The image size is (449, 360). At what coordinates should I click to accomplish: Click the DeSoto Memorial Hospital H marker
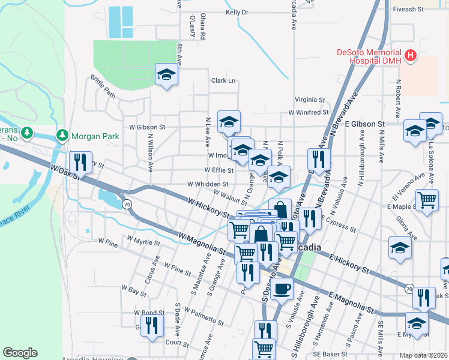(x=411, y=56)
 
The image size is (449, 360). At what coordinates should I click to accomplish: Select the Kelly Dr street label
(x=237, y=12)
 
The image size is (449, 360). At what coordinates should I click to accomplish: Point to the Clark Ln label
(x=223, y=80)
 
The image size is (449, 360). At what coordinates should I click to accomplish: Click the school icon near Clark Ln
(x=166, y=74)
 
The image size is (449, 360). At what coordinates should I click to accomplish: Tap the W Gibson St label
(x=147, y=127)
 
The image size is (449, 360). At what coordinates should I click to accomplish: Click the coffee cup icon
(x=280, y=289)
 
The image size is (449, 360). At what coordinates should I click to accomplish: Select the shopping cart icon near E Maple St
(x=427, y=199)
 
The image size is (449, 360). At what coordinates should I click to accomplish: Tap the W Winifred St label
(x=309, y=112)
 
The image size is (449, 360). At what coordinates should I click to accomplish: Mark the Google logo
(x=20, y=353)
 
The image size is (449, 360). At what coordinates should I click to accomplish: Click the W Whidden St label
(x=208, y=184)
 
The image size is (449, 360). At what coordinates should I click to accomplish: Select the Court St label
(x=177, y=343)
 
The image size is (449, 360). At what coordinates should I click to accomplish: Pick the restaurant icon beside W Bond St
(x=154, y=326)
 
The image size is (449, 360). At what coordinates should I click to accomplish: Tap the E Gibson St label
(x=365, y=124)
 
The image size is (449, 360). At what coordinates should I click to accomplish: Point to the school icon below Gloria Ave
(x=400, y=247)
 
